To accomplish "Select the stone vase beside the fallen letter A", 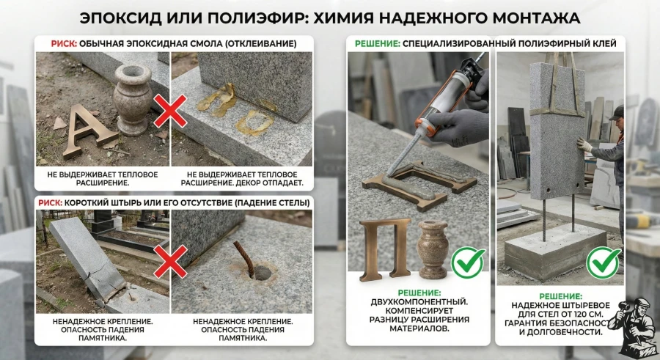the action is [x=133, y=100].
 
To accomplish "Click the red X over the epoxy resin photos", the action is [x=170, y=111].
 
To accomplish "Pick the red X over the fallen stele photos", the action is [x=170, y=262].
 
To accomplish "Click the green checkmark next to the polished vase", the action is [x=468, y=262].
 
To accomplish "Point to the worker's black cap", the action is [x=617, y=112].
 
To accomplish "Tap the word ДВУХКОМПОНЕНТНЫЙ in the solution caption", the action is [x=419, y=302].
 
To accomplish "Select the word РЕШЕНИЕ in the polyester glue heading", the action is [x=377, y=44].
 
